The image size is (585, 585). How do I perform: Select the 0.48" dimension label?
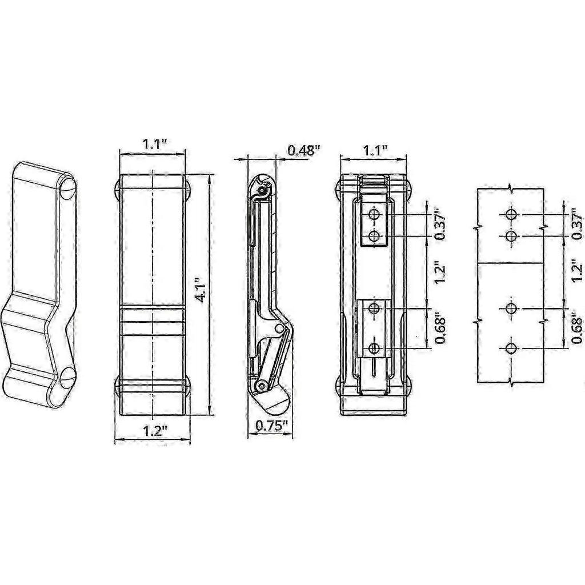304,150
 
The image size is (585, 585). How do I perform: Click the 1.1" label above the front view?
154,145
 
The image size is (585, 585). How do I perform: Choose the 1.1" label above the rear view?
376,150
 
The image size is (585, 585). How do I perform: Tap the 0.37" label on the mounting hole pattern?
577,226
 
